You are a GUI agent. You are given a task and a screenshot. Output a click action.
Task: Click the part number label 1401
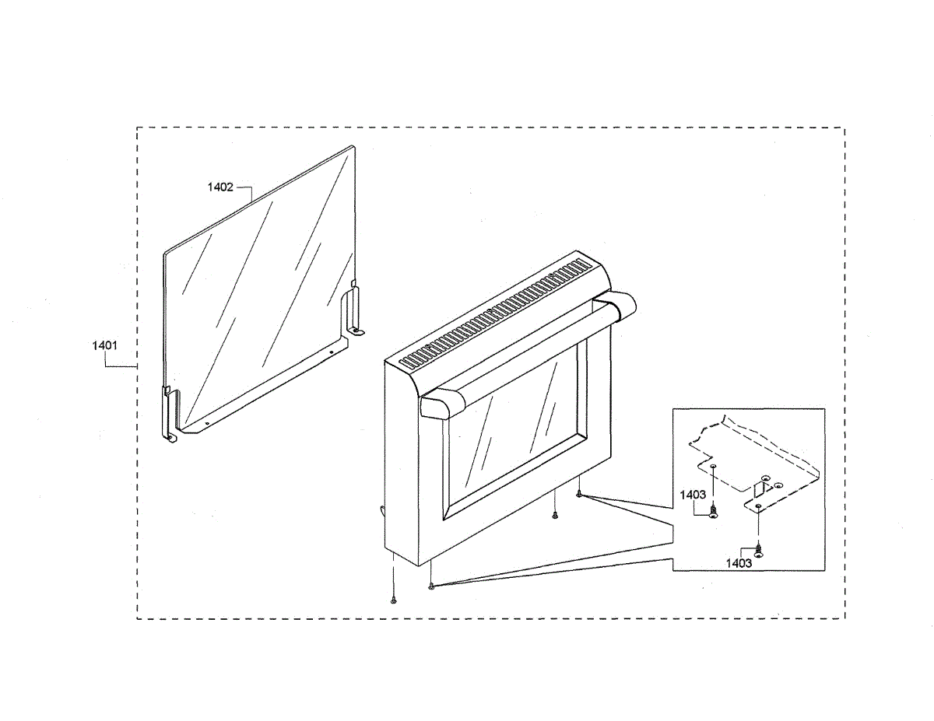105,345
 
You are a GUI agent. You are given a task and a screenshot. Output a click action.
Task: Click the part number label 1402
219,187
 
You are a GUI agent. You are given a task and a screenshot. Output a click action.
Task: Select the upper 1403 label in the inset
693,495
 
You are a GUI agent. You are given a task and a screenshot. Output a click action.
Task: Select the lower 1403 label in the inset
739,563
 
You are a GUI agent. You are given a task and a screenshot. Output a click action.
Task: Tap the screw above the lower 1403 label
758,549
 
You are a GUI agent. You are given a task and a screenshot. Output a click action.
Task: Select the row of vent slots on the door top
498,311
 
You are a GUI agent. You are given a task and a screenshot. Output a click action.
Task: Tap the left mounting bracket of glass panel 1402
169,412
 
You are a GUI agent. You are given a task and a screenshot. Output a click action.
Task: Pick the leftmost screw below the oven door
395,599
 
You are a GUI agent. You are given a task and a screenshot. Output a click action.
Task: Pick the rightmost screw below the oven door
580,493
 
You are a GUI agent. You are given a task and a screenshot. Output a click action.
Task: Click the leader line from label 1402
245,189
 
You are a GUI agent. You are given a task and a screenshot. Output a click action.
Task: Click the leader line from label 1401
125,366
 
